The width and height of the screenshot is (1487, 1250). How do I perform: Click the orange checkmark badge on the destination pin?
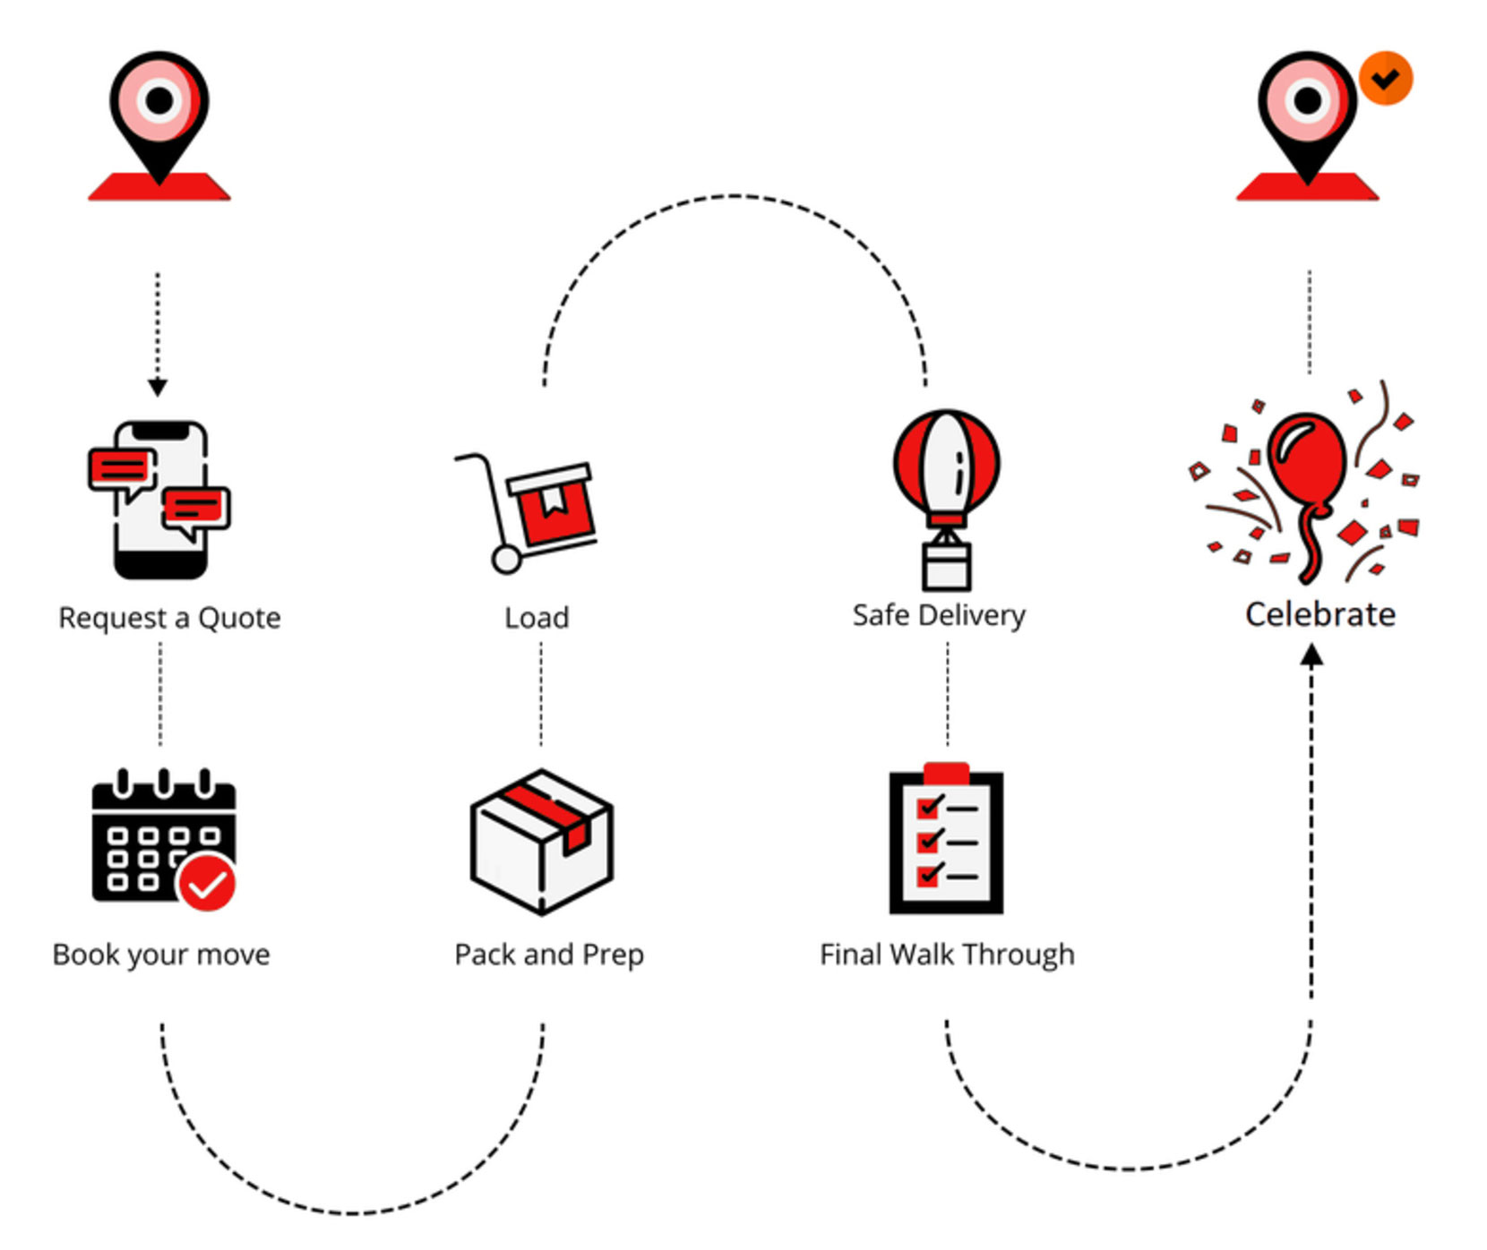[x=1385, y=79]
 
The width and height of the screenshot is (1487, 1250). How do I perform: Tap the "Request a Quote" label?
[x=169, y=618]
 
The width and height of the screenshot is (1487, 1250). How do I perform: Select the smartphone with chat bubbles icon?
[x=159, y=500]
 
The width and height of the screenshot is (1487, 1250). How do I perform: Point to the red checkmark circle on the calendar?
[x=207, y=883]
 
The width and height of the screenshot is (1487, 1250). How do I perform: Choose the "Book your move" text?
[x=161, y=955]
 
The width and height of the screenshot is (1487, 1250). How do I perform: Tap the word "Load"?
[x=537, y=618]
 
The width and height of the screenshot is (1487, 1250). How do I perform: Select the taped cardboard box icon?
[x=541, y=841]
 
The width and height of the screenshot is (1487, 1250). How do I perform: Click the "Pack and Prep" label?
[x=549, y=955]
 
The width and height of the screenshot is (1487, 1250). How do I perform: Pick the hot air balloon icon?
[x=946, y=498]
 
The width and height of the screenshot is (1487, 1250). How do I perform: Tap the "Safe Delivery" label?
[x=939, y=615]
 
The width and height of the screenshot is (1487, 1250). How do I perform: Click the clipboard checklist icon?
[x=946, y=839]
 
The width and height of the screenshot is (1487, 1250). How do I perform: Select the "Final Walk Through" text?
[x=947, y=955]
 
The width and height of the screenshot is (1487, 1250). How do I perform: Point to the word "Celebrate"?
[x=1320, y=614]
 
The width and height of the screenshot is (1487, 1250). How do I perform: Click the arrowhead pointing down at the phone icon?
[x=158, y=387]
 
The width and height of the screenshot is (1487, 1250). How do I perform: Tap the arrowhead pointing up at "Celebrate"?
[x=1311, y=655]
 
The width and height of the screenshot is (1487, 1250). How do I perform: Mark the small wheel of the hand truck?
[x=506, y=561]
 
